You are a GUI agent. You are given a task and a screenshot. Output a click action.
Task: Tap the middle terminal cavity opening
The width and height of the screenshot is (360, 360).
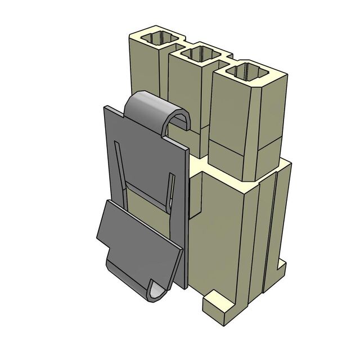[197, 55]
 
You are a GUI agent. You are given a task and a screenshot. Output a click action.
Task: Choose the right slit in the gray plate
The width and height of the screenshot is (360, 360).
[170, 191]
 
